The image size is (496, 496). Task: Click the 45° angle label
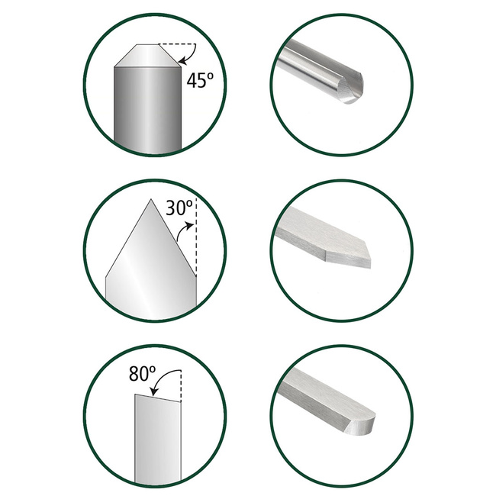point(200,80)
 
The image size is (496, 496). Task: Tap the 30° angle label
point(179,208)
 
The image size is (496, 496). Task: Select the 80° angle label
point(143,373)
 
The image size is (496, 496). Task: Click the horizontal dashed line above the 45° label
point(177,44)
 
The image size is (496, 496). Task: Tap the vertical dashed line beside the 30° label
point(196,237)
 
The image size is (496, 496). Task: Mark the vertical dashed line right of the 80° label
point(181,385)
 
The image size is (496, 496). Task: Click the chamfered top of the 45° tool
point(147,56)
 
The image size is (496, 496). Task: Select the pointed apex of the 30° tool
point(151,199)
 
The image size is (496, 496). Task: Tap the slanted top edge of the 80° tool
point(158,398)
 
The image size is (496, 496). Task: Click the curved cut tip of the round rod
point(350,89)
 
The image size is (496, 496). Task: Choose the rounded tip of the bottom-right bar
point(362,422)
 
